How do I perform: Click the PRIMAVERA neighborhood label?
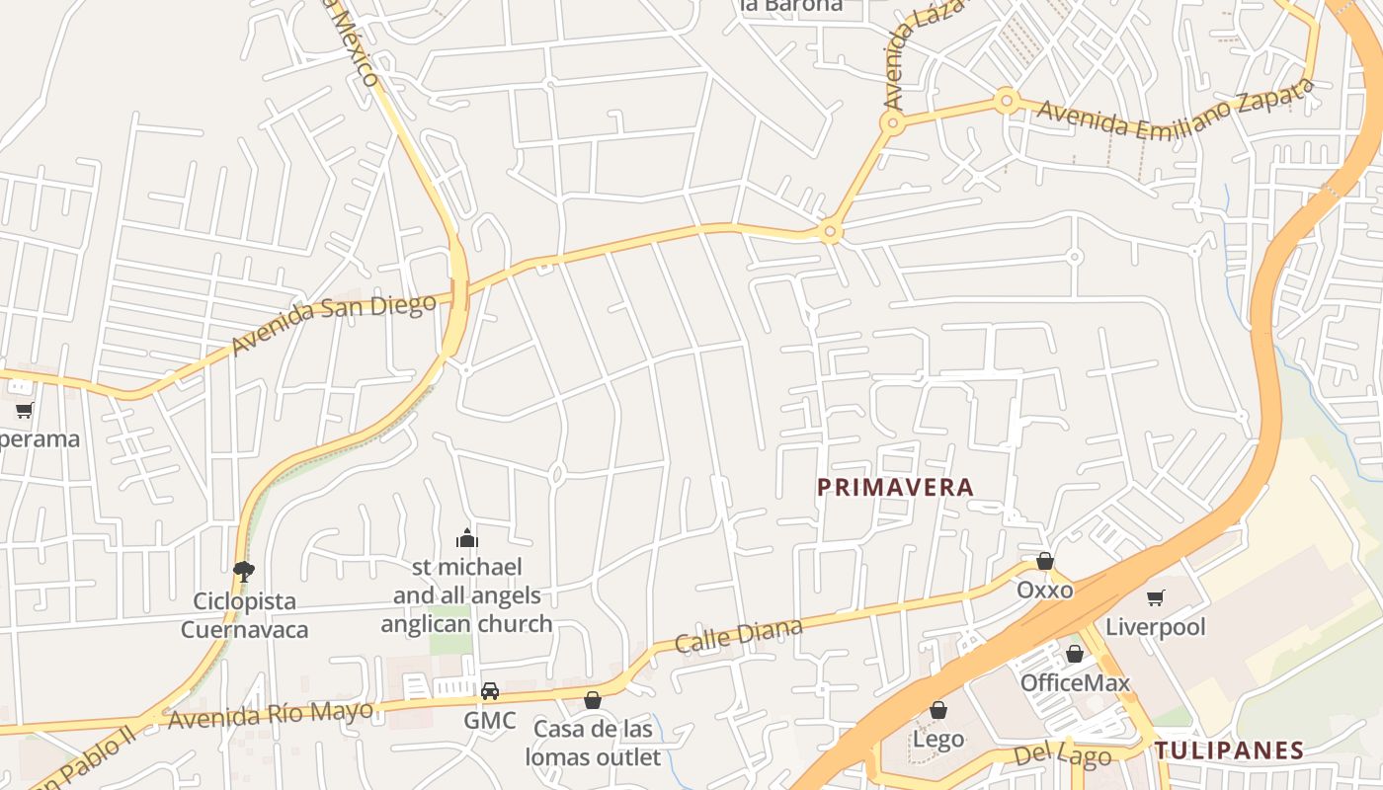[x=896, y=487]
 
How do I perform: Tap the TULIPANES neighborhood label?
[x=1230, y=750]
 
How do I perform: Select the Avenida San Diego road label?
[x=333, y=324]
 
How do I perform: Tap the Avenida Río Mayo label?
[x=271, y=714]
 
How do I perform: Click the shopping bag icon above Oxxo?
[x=1045, y=562]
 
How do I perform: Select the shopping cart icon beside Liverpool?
[x=1155, y=597]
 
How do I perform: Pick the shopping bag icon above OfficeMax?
[x=1075, y=654]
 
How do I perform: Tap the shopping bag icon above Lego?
[x=938, y=710]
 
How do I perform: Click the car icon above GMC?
[x=490, y=691]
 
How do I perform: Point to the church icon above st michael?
[x=467, y=538]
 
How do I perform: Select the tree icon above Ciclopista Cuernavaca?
[x=243, y=571]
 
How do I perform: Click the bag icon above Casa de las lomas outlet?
[x=593, y=700]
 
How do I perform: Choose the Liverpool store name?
[x=1156, y=627]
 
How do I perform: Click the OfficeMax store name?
[x=1075, y=682]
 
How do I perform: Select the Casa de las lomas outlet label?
[x=593, y=743]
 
